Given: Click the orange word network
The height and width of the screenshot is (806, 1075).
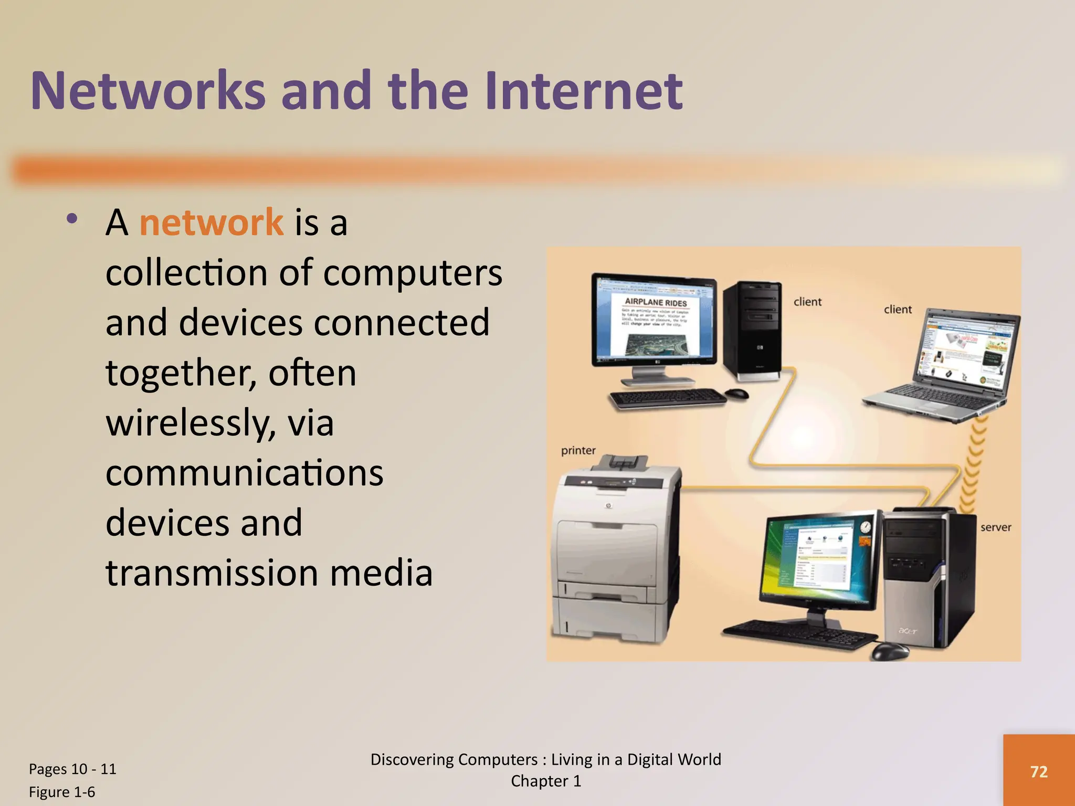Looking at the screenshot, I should point(211,222).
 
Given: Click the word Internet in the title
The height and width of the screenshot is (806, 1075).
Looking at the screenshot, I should point(583,91).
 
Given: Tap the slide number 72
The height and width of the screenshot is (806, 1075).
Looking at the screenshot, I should point(1039,771).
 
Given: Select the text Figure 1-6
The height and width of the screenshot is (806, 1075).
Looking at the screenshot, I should point(62,792).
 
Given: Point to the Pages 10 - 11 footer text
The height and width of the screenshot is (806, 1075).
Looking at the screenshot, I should point(72,769).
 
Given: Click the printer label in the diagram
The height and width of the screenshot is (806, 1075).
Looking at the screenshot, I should point(578,450).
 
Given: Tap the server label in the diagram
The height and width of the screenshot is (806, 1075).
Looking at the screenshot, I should point(995,527).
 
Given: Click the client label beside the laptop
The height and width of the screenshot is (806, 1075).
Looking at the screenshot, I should point(898,310).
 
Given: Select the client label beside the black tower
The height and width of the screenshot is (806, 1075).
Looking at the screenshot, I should point(807,302).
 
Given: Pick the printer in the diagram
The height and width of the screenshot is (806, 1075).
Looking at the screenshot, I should point(614,551).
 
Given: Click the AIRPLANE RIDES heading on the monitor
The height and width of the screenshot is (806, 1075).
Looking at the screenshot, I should point(656,303).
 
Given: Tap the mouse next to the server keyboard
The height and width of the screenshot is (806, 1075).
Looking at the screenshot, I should point(890,651).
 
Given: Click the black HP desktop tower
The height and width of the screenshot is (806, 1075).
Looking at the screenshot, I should point(752,328).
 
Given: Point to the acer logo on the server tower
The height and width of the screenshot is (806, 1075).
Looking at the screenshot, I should point(908,630).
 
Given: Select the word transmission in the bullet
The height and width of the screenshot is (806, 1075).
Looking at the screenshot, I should point(212,572).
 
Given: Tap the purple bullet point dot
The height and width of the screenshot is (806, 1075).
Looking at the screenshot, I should point(72,219).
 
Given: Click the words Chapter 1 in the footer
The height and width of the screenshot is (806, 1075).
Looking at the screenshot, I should point(546,781).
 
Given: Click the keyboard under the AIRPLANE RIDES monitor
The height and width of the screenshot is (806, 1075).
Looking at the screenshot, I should point(667,398).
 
